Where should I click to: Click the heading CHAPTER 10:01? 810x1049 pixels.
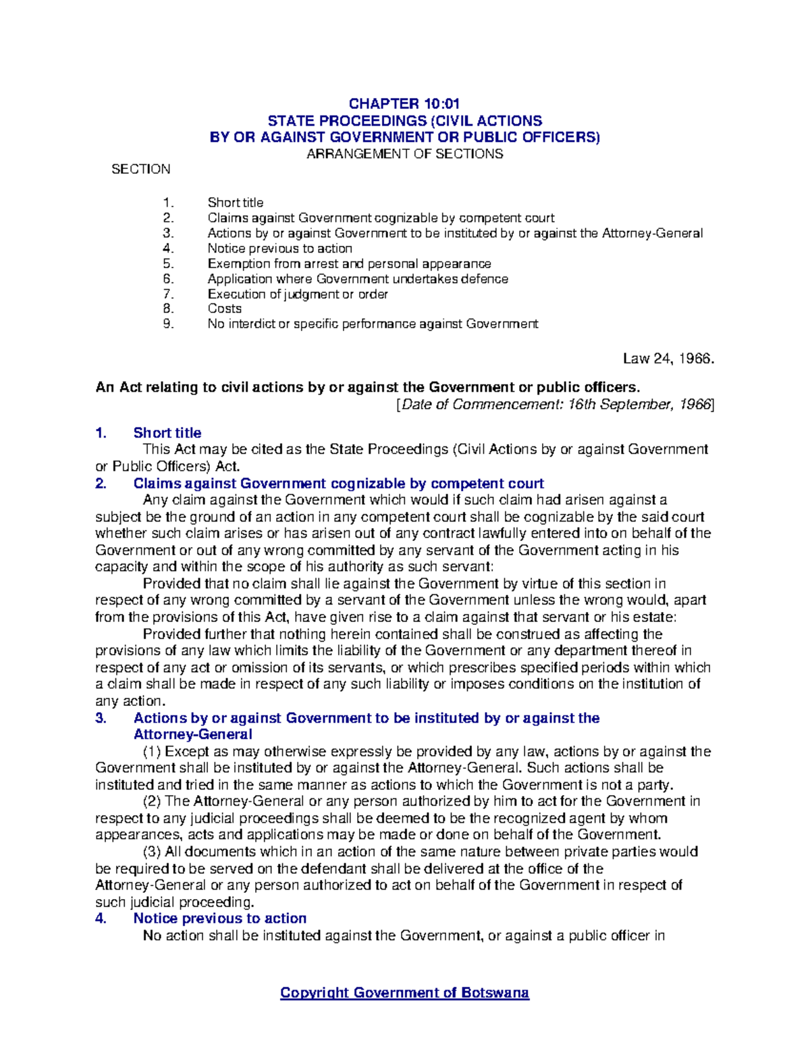[404, 103]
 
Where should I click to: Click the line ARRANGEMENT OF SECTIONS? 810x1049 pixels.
[404, 154]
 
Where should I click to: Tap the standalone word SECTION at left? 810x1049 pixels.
[140, 170]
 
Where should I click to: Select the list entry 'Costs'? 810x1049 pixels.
[224, 309]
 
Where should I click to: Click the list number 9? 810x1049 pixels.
[168, 324]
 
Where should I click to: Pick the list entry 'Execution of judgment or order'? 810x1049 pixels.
[297, 294]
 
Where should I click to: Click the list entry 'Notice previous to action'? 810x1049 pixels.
[279, 249]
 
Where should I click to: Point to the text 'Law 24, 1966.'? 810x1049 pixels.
[668, 359]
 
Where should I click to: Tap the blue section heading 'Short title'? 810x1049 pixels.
[167, 433]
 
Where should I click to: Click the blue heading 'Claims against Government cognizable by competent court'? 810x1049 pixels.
[338, 484]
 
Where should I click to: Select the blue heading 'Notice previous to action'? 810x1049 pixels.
[219, 919]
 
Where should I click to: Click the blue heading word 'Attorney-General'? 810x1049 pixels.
[192, 734]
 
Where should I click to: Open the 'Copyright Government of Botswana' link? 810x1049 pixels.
[404, 993]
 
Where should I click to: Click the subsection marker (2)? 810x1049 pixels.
[153, 802]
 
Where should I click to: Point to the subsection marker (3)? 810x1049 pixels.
[153, 852]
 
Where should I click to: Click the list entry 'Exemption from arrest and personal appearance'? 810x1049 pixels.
[349, 264]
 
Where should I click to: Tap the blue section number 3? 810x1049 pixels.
[101, 718]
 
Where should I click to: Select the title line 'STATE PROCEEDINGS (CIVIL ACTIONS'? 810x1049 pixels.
[404, 121]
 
